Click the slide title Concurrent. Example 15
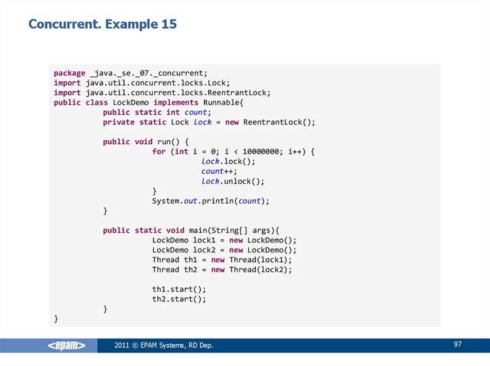[x=103, y=24]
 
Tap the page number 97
[x=457, y=344]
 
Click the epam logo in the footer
[x=66, y=345]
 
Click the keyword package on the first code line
[x=69, y=73]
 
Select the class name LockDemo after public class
[x=131, y=102]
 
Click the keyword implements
[x=176, y=103]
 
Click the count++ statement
[x=219, y=172]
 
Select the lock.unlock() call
[x=233, y=181]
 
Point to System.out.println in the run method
[x=193, y=201]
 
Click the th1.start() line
[x=179, y=289]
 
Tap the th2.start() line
[x=179, y=299]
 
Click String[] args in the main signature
[x=240, y=230]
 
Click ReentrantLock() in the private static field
[x=277, y=122]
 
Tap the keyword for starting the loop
[x=159, y=151]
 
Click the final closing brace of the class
[x=56, y=319]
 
